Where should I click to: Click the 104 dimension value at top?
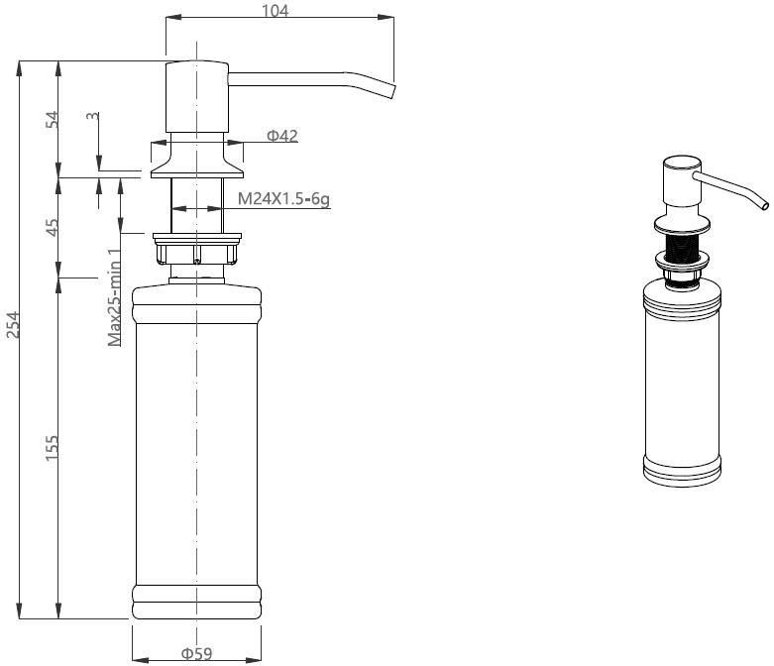pos(275,10)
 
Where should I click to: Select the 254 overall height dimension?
pos(12,324)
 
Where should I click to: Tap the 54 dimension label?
pos(52,120)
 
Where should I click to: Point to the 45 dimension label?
pos(52,227)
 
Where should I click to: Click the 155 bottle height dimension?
pos(52,448)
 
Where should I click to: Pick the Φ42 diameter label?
pos(282,135)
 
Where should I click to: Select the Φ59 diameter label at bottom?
pos(196,654)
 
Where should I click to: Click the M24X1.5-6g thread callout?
pos(283,199)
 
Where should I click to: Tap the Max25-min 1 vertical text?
pos(115,296)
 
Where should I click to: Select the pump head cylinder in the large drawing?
pos(197,97)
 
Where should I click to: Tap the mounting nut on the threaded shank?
pos(197,250)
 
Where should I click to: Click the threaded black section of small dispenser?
pos(682,245)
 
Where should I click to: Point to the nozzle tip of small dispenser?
pos(765,205)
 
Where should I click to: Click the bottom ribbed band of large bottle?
pos(196,602)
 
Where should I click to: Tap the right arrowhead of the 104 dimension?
pos(387,17)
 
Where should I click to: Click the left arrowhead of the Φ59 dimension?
pos(140,660)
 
